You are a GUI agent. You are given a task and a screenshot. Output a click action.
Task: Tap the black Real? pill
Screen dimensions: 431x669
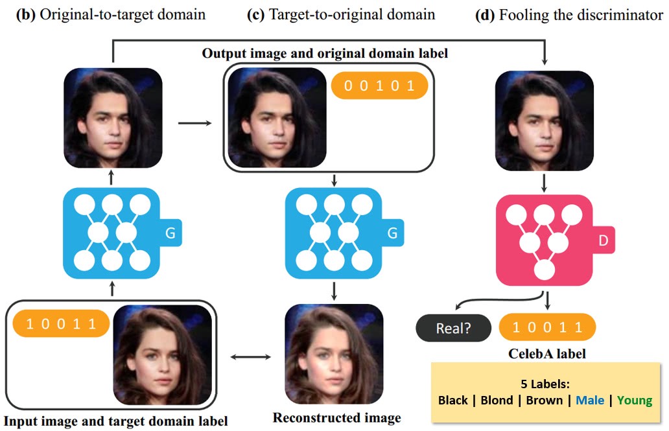[x=453, y=328]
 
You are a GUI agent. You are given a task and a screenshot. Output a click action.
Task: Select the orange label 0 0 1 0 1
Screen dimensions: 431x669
[x=379, y=86]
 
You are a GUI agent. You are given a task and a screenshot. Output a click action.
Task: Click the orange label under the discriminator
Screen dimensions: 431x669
[x=547, y=327]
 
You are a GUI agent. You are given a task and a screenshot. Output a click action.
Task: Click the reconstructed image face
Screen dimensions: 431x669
[x=333, y=355]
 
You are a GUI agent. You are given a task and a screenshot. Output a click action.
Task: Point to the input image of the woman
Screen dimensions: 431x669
[x=162, y=355]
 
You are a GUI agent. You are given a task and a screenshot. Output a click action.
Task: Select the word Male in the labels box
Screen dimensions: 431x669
[x=590, y=400]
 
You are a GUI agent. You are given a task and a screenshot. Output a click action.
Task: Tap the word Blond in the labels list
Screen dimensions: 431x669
[x=497, y=400]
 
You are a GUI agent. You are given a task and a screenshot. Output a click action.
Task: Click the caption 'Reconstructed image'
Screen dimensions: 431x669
[x=336, y=417]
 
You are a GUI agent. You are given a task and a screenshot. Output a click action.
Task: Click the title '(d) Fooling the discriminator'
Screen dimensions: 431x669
[x=569, y=15]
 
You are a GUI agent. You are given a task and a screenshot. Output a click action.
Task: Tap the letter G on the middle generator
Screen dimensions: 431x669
[x=392, y=233]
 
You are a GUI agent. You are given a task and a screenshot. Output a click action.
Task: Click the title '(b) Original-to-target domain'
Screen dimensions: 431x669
[x=110, y=15]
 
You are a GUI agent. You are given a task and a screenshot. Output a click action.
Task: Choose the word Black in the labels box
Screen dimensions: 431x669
[x=453, y=400]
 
